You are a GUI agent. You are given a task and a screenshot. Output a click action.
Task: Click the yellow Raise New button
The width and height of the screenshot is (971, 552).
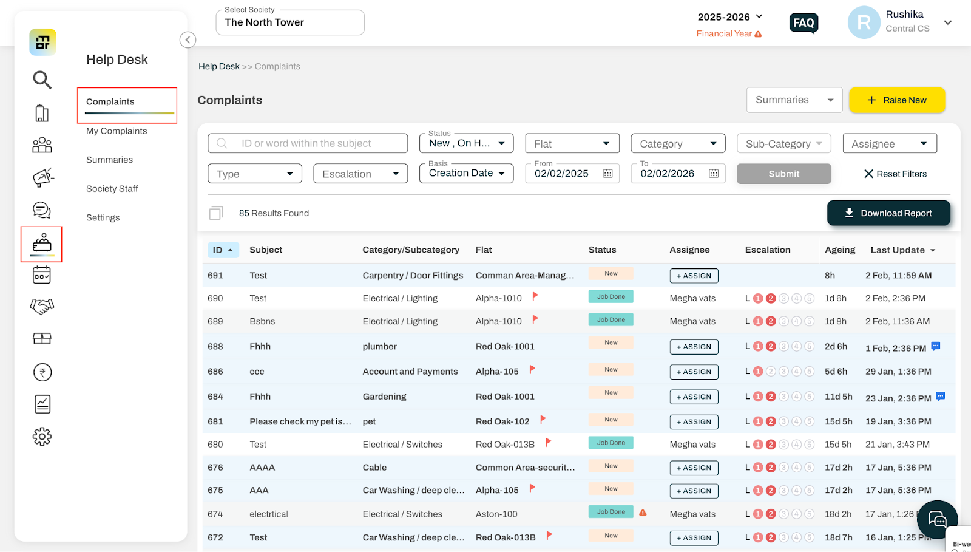(x=897, y=100)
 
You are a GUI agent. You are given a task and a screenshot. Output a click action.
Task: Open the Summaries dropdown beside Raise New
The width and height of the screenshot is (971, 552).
(x=794, y=100)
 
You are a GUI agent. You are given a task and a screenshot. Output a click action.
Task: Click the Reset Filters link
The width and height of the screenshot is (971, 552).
(x=895, y=174)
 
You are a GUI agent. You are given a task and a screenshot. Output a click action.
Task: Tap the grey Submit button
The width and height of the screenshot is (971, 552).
(x=783, y=174)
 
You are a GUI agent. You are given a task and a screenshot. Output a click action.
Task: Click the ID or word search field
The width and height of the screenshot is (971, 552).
(x=308, y=143)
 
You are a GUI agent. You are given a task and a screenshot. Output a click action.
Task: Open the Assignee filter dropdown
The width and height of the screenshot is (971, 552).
(x=890, y=143)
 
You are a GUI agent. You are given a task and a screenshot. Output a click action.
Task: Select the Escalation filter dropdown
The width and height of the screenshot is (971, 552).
(x=360, y=174)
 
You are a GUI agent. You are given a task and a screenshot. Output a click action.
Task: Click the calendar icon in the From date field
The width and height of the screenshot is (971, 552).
(x=607, y=174)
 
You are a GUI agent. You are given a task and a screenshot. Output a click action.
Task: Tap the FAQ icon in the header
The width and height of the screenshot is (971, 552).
(x=804, y=22)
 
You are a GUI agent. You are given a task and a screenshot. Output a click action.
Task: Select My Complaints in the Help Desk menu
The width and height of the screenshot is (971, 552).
(x=117, y=131)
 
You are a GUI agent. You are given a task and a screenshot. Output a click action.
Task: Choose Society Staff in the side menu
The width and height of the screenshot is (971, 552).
(x=112, y=189)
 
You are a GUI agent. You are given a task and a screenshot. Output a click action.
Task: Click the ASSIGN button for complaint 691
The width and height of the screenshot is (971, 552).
(x=694, y=276)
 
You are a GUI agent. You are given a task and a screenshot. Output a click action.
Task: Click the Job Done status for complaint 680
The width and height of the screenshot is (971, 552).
(x=611, y=443)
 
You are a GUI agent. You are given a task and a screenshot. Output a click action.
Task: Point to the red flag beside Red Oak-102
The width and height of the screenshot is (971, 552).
(x=543, y=419)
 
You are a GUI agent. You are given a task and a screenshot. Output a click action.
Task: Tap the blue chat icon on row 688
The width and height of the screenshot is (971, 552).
(x=935, y=346)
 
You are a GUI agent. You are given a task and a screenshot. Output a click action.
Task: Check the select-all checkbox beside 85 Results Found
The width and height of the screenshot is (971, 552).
(x=216, y=213)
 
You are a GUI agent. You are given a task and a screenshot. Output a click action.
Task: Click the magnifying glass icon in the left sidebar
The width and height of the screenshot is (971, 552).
(x=42, y=80)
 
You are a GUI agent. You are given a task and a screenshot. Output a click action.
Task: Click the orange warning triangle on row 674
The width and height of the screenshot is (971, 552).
(x=643, y=513)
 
